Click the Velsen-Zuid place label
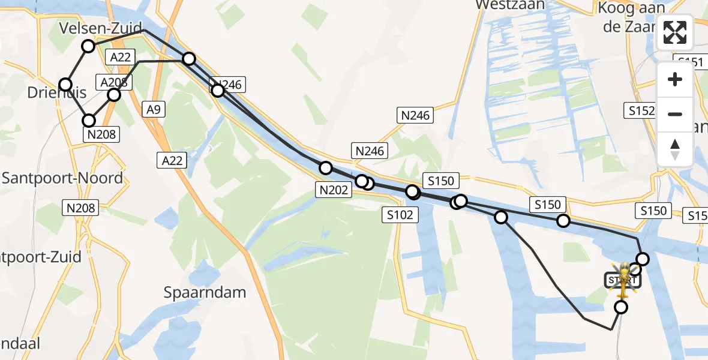101,28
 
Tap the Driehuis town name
56,92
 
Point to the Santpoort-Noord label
62,178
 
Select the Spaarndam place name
205,292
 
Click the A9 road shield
152,109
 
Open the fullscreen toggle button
675,32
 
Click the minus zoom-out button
675,114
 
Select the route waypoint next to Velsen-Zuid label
88,46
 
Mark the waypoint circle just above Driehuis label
65,85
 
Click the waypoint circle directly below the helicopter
621,307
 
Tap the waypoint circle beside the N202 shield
326,167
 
